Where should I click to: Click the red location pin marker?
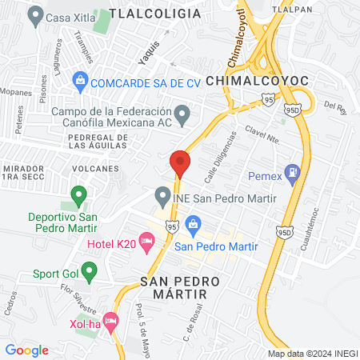[x=180, y=164]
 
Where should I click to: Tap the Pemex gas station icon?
[x=294, y=170]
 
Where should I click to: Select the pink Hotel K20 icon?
[x=146, y=240]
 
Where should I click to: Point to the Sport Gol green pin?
[x=89, y=274]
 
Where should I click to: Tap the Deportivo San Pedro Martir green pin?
[x=78, y=194]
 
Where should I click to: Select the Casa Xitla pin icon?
[x=34, y=15]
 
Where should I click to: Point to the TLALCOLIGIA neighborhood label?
[x=155, y=14]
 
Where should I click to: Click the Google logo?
[x=26, y=350]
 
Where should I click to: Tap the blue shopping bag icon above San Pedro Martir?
[x=192, y=224]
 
